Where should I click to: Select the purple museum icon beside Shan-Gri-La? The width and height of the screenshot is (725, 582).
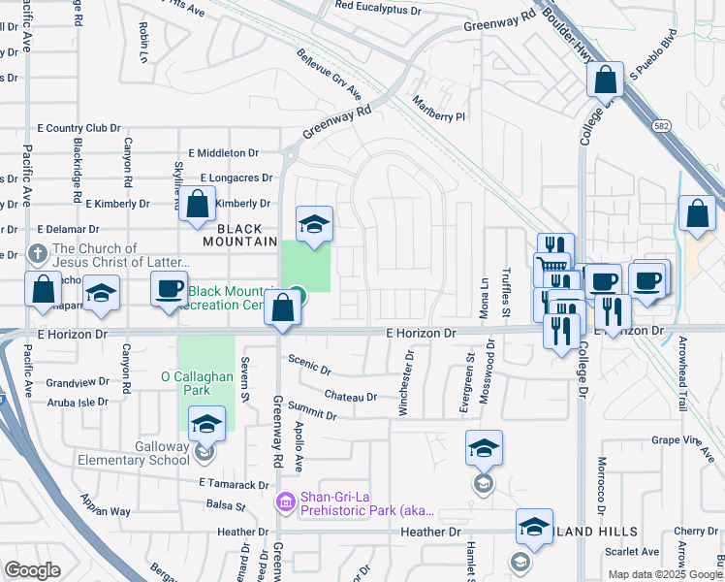coord(286,501)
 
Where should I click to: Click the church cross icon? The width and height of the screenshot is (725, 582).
coord(38,255)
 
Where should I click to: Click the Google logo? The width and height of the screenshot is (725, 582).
coord(33,570)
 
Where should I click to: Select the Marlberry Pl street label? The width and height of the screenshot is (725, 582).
coord(439,108)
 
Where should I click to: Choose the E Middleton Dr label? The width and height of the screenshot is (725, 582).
coord(224,153)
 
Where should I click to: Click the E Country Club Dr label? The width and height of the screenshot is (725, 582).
coord(78,128)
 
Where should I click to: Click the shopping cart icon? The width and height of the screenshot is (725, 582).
coord(552,263)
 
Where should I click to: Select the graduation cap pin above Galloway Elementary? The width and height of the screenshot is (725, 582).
coord(205,423)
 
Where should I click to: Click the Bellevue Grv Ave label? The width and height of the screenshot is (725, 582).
coord(329,76)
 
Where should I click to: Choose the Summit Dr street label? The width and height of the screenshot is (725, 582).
coord(311,414)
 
